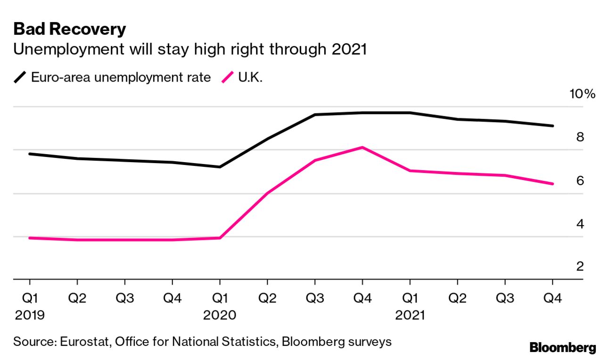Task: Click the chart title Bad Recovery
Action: pyautogui.click(x=70, y=29)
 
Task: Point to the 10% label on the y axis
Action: pyautogui.click(x=583, y=94)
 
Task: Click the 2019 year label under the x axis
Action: pyautogui.click(x=30, y=315)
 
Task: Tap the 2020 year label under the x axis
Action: pyautogui.click(x=220, y=315)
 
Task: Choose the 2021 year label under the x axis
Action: pyautogui.click(x=409, y=315)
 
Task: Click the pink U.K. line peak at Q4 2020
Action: pyautogui.click(x=362, y=147)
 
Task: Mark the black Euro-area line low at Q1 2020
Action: pyautogui.click(x=220, y=167)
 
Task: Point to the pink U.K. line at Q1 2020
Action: pyautogui.click(x=220, y=237)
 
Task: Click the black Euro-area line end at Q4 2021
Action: pyautogui.click(x=552, y=126)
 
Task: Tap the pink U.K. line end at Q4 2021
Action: pyautogui.click(x=552, y=184)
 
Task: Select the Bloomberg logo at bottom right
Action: pyautogui.click(x=562, y=348)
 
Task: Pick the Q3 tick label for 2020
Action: pyautogui.click(x=314, y=298)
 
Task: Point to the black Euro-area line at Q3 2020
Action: pyautogui.click(x=314, y=115)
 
